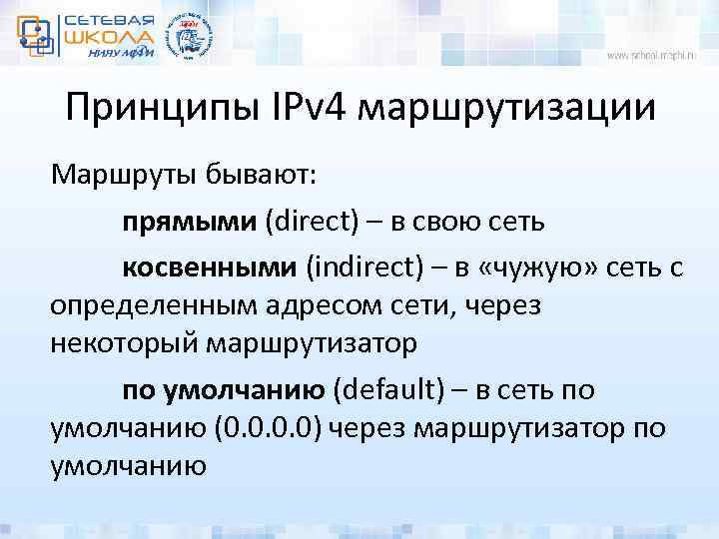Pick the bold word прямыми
coord(190,220)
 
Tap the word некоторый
coord(124,344)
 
